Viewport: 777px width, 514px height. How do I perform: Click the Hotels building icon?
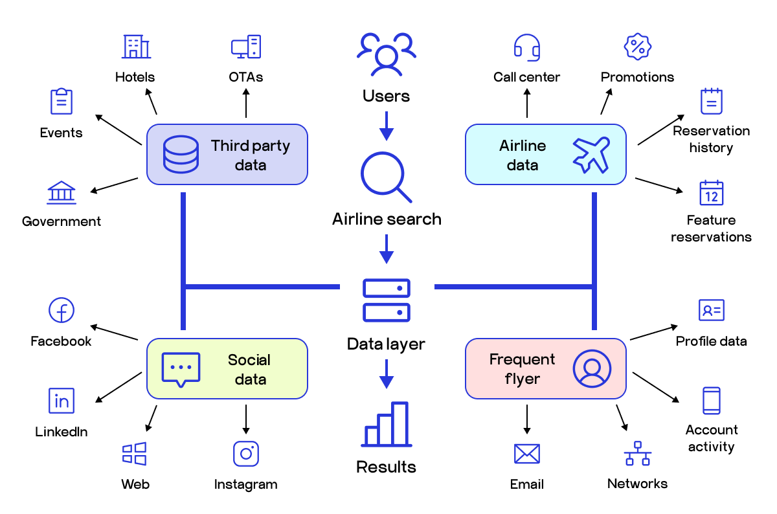click(136, 47)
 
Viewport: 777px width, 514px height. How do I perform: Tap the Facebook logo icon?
click(62, 311)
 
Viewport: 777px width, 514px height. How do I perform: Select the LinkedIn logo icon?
click(62, 401)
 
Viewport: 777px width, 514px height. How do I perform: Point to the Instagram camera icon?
click(246, 453)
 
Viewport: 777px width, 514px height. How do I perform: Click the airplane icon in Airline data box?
click(591, 155)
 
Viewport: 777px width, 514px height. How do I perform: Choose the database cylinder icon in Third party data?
click(181, 155)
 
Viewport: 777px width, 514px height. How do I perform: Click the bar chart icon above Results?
click(387, 425)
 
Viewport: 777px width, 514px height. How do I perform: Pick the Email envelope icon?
click(526, 453)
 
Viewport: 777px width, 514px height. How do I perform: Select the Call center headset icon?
click(526, 47)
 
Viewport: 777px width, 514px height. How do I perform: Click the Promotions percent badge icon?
click(637, 46)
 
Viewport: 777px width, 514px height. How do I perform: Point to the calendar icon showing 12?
click(711, 193)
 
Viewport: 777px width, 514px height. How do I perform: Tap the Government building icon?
click(62, 193)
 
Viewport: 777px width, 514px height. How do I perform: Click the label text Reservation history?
click(711, 139)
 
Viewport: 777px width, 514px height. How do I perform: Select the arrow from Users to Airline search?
click(387, 126)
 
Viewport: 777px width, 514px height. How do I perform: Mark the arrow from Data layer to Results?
click(387, 374)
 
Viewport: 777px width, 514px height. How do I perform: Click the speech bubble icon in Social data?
click(181, 370)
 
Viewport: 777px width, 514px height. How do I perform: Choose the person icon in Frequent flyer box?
click(591, 368)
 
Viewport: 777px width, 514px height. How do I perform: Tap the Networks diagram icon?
click(638, 453)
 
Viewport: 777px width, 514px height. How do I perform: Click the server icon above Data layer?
click(387, 300)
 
